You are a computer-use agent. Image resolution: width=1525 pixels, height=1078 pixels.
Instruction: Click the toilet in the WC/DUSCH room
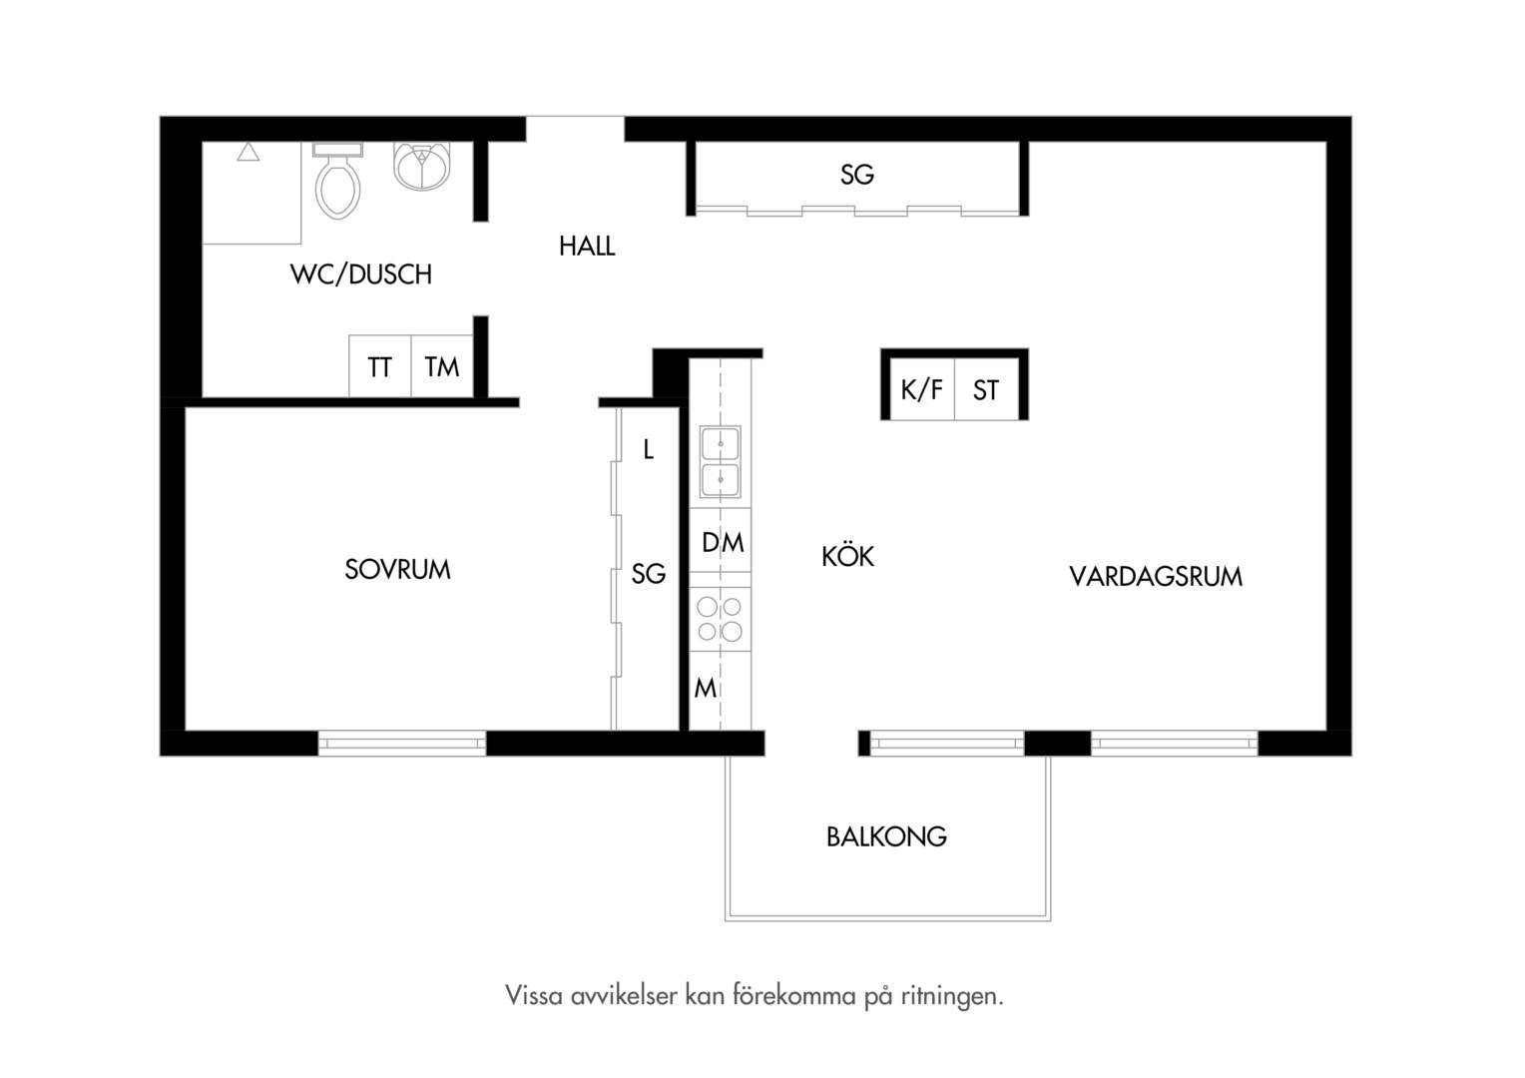(337, 181)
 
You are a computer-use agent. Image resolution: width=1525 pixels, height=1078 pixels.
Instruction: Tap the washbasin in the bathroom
(422, 166)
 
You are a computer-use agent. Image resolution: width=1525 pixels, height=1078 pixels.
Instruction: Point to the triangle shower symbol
(249, 152)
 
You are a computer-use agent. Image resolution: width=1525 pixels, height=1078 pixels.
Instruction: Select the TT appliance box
(380, 366)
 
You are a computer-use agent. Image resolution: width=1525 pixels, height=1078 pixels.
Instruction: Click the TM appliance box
(442, 366)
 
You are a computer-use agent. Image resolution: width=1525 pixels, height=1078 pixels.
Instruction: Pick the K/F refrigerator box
(922, 389)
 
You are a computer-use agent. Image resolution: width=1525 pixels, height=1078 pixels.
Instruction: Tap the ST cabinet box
(986, 389)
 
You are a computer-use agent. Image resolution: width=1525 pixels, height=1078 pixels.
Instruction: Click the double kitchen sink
(721, 462)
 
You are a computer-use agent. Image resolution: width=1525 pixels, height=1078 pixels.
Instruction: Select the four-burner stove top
(720, 619)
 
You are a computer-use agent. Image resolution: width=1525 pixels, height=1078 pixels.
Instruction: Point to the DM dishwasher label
(723, 543)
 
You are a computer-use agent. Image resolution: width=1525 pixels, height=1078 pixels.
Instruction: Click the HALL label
(587, 246)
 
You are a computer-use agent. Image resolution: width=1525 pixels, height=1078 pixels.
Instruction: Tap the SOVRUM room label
(397, 569)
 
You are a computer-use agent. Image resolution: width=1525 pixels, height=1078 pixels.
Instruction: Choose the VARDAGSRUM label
(1156, 577)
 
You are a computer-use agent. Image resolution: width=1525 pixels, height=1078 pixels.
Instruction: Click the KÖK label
(847, 556)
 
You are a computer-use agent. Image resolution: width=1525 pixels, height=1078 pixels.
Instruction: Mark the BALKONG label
(886, 836)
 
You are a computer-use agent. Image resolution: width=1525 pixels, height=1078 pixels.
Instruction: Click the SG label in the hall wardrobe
(857, 175)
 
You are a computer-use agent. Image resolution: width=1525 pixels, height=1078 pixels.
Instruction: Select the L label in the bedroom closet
(648, 449)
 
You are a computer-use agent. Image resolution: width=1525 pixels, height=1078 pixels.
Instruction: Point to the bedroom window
(402, 743)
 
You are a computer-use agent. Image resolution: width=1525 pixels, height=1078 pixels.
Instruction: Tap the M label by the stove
(706, 689)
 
